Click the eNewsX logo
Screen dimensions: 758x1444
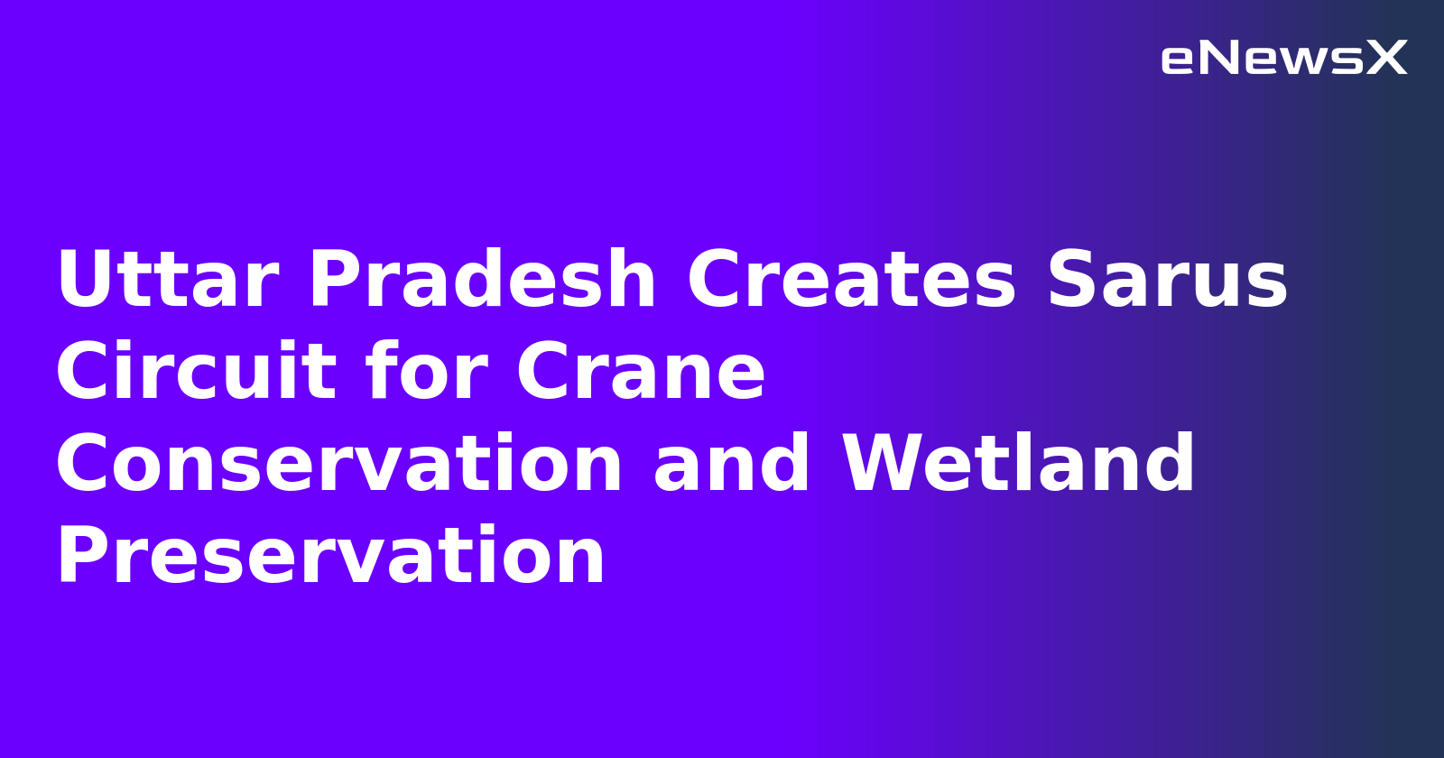coord(1283,59)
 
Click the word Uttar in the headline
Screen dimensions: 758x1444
coord(167,281)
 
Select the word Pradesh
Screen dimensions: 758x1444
coord(482,281)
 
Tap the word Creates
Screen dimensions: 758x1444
coord(852,281)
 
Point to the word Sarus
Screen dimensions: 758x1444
coord(1167,281)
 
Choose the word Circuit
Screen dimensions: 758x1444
coord(196,373)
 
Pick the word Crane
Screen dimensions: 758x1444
coord(641,373)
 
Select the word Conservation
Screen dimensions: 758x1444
coord(339,465)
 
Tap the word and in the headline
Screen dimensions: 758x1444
coord(732,465)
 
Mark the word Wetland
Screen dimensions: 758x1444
coord(1018,465)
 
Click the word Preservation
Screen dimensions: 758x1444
coord(330,557)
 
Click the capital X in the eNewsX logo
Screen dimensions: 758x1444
coord(1387,59)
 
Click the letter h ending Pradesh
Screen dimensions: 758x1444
coord(632,281)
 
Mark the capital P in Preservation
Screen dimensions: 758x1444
coord(84,557)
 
